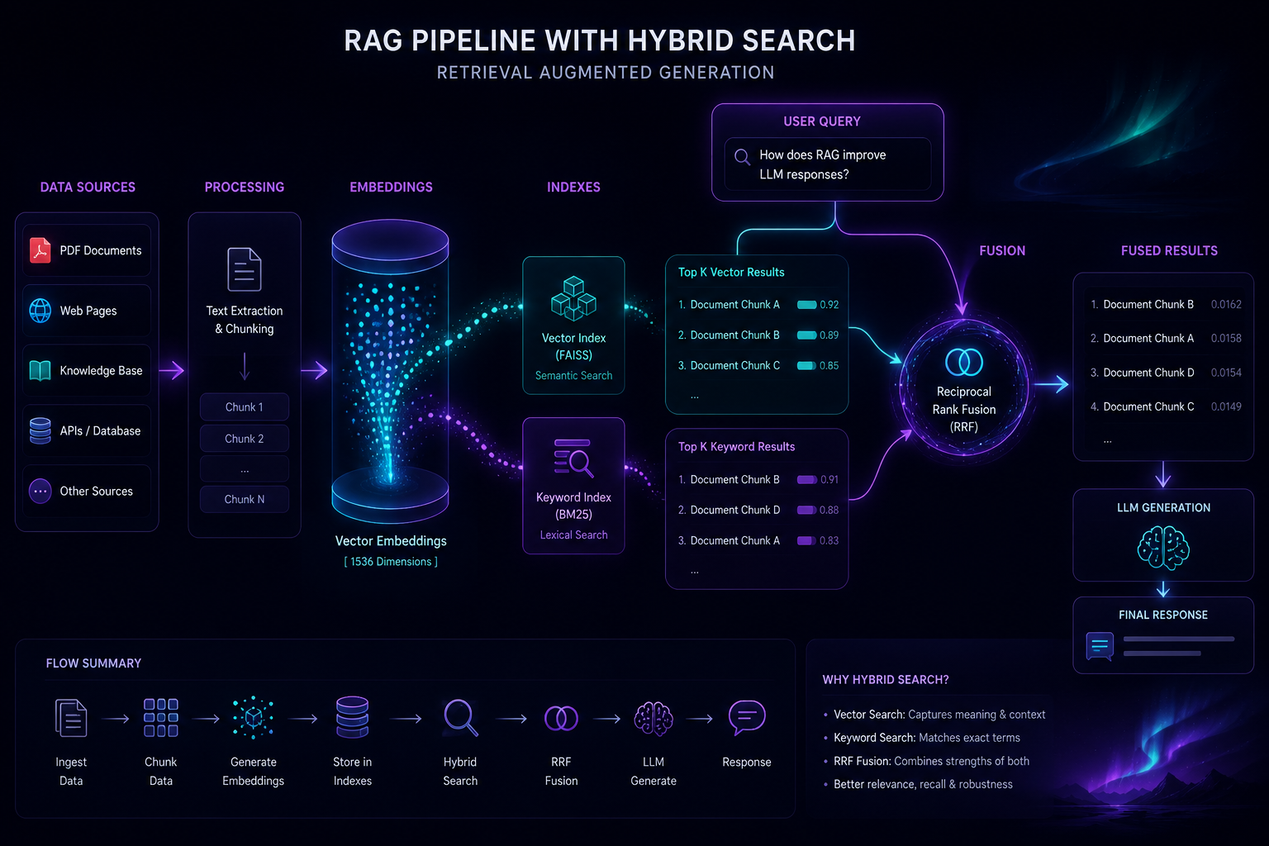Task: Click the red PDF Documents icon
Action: click(x=40, y=250)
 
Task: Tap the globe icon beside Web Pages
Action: click(x=40, y=311)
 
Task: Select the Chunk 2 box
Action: click(x=245, y=439)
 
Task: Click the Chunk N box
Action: click(x=245, y=499)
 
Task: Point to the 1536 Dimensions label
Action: click(x=391, y=562)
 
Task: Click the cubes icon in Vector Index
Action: click(x=573, y=298)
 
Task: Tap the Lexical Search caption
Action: click(x=573, y=535)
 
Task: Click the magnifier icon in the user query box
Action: click(x=743, y=157)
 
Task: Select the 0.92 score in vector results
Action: click(x=829, y=304)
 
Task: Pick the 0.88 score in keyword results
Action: click(x=829, y=510)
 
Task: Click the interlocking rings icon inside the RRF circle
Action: click(x=963, y=362)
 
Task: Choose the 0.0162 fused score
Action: click(x=1226, y=304)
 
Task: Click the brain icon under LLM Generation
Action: click(x=1163, y=548)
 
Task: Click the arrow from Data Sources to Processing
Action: click(x=172, y=371)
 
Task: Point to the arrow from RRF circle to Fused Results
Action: click(x=1052, y=385)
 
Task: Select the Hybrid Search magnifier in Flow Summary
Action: click(x=461, y=718)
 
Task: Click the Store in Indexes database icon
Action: click(x=353, y=717)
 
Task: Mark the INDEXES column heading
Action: click(x=573, y=187)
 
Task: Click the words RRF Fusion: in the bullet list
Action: click(x=863, y=761)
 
